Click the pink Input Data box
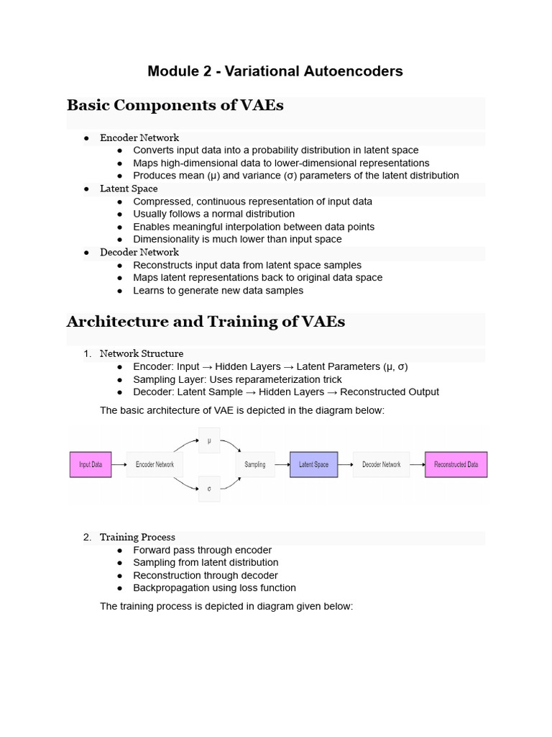pyautogui.click(x=91, y=464)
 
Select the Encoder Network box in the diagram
pyautogui.click(x=155, y=464)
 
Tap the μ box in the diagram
pyautogui.click(x=209, y=440)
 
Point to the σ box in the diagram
pyautogui.click(x=209, y=488)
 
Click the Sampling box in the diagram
pyautogui.click(x=255, y=464)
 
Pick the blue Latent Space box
pyautogui.click(x=313, y=464)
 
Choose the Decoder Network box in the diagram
pyautogui.click(x=381, y=464)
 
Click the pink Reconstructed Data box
pyautogui.click(x=456, y=464)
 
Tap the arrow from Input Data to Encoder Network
pyautogui.click(x=119, y=464)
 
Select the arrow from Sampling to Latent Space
pyautogui.click(x=281, y=464)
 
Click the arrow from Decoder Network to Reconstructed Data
pyautogui.click(x=418, y=464)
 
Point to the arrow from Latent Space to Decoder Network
pyautogui.click(x=345, y=464)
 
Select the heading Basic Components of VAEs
pyautogui.click(x=175, y=106)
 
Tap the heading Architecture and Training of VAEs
pyautogui.click(x=206, y=322)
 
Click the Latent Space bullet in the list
pyautogui.click(x=129, y=189)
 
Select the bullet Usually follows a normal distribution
pyautogui.click(x=213, y=214)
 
